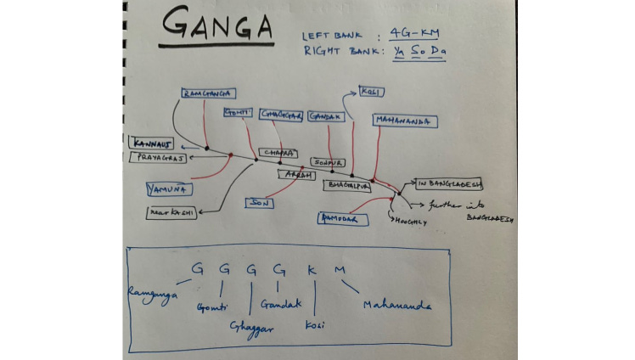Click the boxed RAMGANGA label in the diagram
click(208, 93)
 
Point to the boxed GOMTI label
click(238, 113)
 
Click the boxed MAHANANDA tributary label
click(405, 121)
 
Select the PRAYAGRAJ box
click(158, 157)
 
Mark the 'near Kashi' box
click(171, 212)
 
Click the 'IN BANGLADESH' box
click(449, 183)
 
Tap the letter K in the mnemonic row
click(312, 269)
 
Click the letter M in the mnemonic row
click(340, 270)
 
